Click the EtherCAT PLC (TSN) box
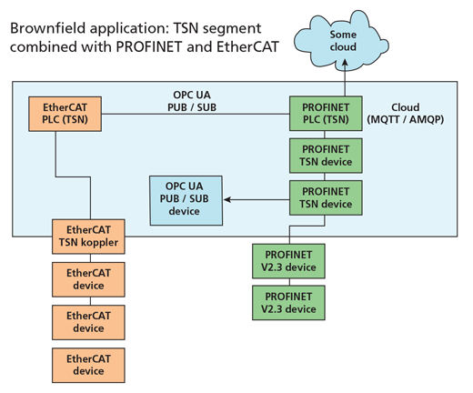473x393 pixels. pyautogui.click(x=65, y=114)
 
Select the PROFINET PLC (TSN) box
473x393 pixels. pyautogui.click(x=326, y=114)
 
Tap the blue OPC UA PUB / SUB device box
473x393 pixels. pyautogui.click(x=186, y=200)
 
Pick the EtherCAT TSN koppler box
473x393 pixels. pyautogui.click(x=88, y=237)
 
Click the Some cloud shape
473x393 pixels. pyautogui.click(x=341, y=41)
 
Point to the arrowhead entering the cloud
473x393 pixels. pyautogui.click(x=345, y=63)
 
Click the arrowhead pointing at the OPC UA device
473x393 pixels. pyautogui.click(x=227, y=199)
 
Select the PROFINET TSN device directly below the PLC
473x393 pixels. pyautogui.click(x=326, y=156)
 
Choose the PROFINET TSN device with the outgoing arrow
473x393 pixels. pyautogui.click(x=326, y=198)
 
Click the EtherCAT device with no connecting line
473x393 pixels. pyautogui.click(x=88, y=366)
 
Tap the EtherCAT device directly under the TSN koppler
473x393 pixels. pyautogui.click(x=88, y=279)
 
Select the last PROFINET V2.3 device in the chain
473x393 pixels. pyautogui.click(x=288, y=303)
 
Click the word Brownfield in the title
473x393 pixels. pyautogui.click(x=48, y=28)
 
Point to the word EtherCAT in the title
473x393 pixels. pyautogui.click(x=247, y=46)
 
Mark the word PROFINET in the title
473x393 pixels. pyautogui.click(x=149, y=46)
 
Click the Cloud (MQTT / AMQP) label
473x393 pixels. pyautogui.click(x=406, y=114)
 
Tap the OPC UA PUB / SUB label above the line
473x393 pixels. pyautogui.click(x=192, y=101)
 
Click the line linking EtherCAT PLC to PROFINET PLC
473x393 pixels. pyautogui.click(x=196, y=114)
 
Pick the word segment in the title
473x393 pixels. pyautogui.click(x=232, y=29)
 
